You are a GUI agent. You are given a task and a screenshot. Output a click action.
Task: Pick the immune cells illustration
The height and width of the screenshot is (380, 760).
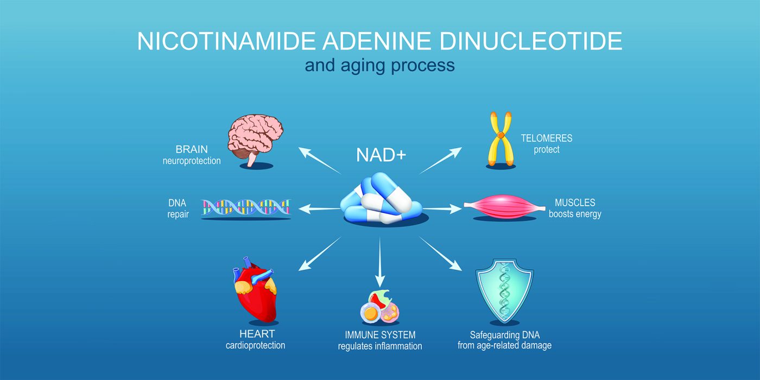tap(379, 308)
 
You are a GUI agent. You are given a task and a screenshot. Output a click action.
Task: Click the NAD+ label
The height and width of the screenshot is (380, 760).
tap(381, 155)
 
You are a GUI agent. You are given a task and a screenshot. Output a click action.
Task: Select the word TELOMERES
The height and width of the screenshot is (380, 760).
tap(547, 138)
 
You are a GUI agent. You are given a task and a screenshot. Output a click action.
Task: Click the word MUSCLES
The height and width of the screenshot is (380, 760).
tap(575, 203)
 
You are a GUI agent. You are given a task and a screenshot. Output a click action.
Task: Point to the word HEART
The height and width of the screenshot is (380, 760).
tap(257, 334)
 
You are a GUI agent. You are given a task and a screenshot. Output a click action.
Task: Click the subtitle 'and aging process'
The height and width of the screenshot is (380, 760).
tap(379, 66)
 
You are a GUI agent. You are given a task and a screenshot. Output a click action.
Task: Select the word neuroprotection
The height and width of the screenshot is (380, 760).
tap(192, 161)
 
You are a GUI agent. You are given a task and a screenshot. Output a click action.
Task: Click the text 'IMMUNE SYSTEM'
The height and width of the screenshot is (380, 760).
tap(380, 334)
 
